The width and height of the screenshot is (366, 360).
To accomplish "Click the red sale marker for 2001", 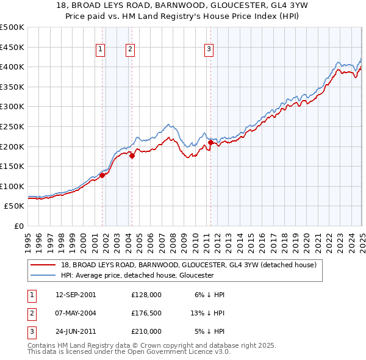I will (102, 175).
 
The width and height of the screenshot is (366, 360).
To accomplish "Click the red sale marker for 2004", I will (132, 156).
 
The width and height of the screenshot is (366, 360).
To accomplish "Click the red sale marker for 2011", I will (210, 142).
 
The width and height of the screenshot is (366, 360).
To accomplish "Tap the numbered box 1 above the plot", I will (100, 50).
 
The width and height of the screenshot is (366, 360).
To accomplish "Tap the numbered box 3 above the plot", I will (209, 50).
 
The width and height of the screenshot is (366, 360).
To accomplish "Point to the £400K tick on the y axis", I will (13, 67).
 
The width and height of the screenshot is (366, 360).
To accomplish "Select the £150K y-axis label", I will (13, 166).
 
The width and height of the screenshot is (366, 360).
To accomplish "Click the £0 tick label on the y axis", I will (19, 226).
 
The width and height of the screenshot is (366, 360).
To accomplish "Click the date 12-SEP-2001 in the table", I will (76, 294).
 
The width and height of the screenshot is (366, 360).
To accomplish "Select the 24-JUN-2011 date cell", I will (76, 332).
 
